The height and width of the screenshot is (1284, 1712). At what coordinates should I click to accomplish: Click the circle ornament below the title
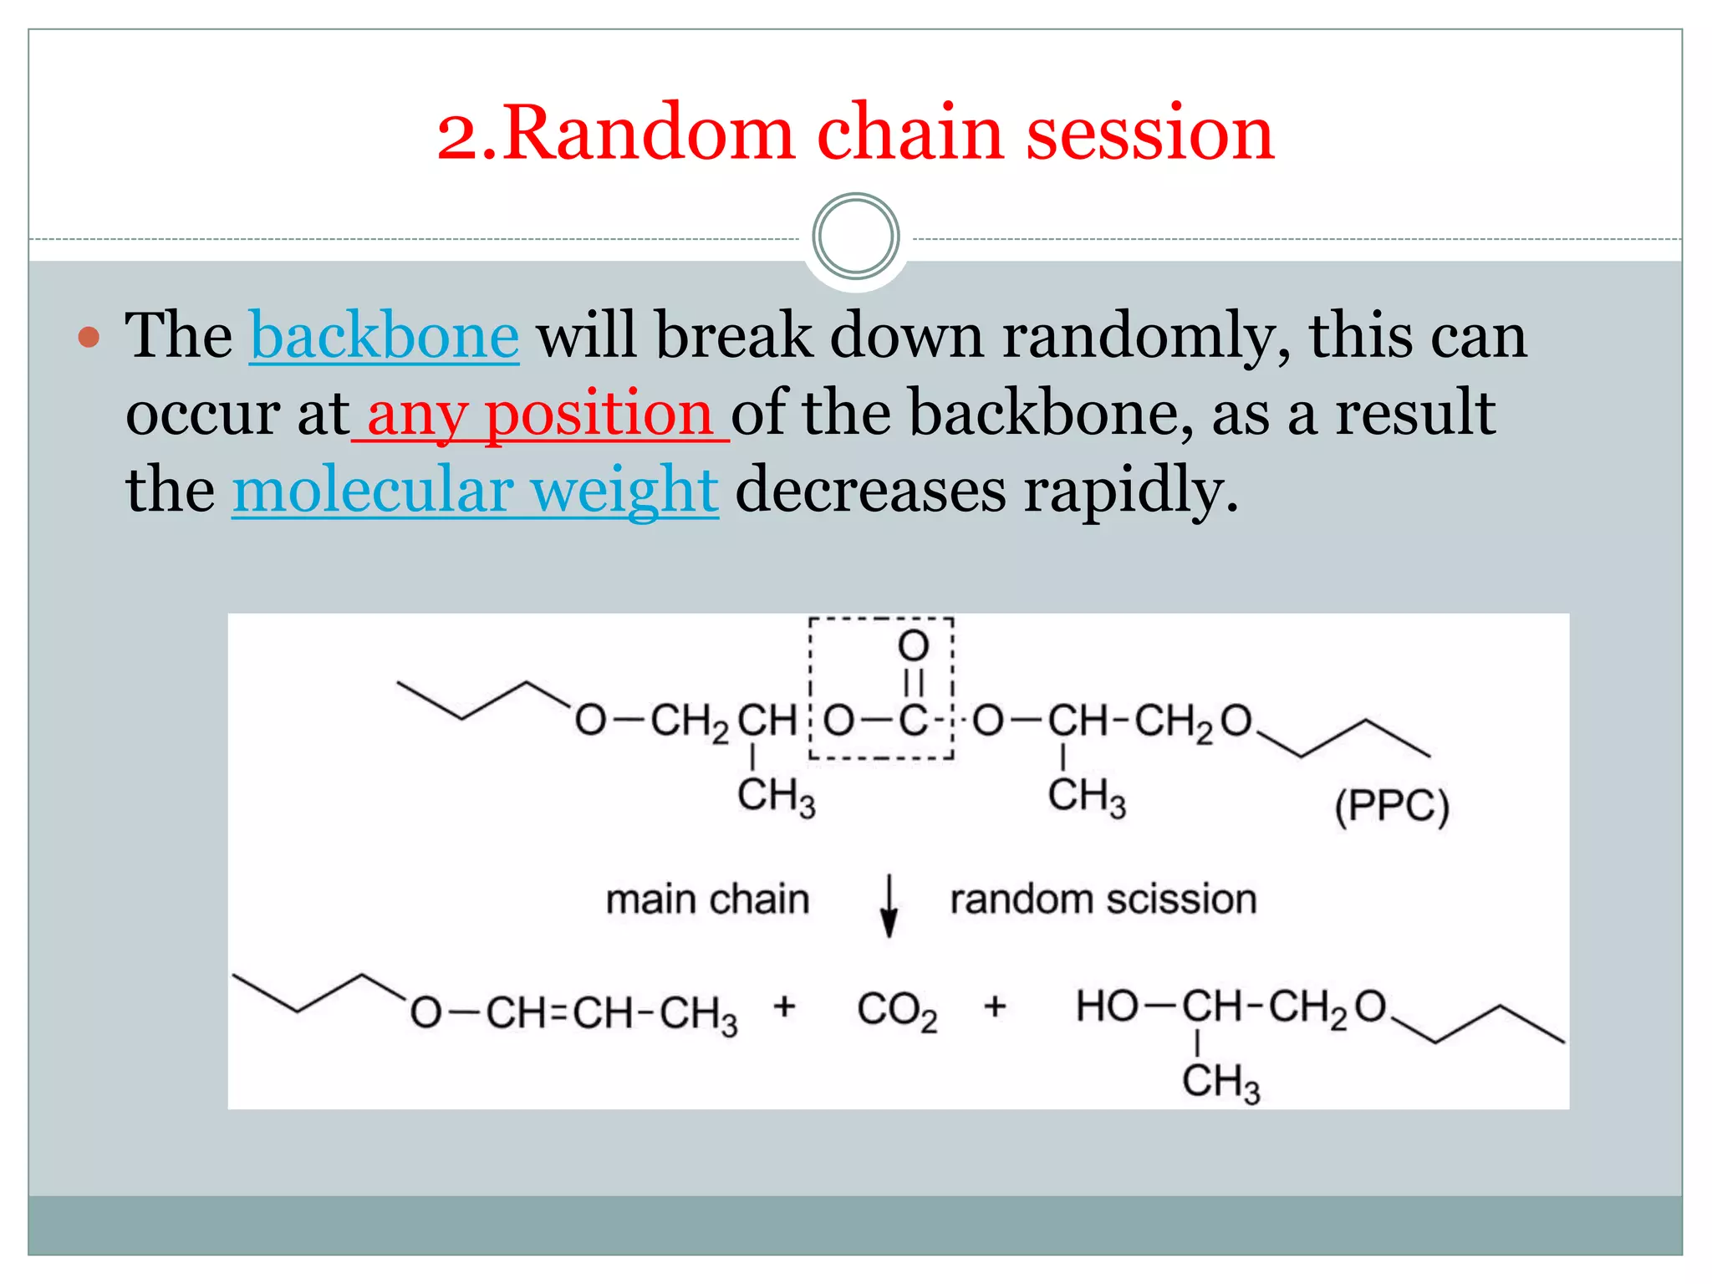(855, 237)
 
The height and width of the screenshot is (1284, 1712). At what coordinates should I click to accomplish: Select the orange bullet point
(89, 338)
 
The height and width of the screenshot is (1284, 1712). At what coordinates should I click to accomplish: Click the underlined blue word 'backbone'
(385, 336)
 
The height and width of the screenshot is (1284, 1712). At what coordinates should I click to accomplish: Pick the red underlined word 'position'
(599, 413)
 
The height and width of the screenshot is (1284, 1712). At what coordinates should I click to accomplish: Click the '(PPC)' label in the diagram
(1391, 807)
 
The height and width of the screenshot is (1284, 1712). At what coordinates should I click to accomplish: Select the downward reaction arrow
(889, 906)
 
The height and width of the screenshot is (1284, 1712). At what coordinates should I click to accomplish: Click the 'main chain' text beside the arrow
(707, 900)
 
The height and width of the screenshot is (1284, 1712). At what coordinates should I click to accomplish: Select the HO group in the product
(1105, 1006)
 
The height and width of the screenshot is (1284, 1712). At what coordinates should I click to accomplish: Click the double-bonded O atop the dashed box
(913, 646)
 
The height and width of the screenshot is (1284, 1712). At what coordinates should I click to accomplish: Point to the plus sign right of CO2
(994, 1006)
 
